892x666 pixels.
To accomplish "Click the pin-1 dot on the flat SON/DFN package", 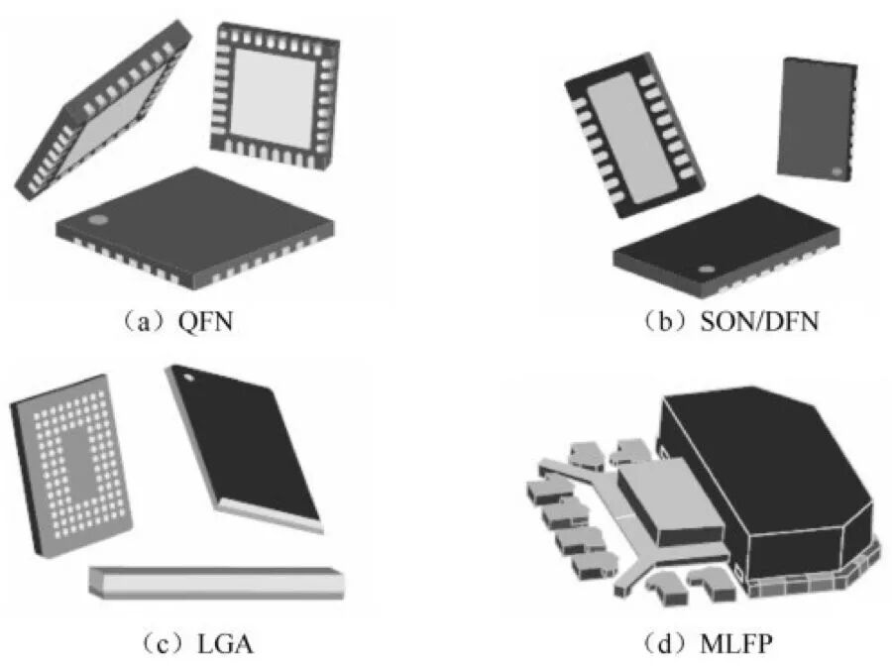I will [706, 268].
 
